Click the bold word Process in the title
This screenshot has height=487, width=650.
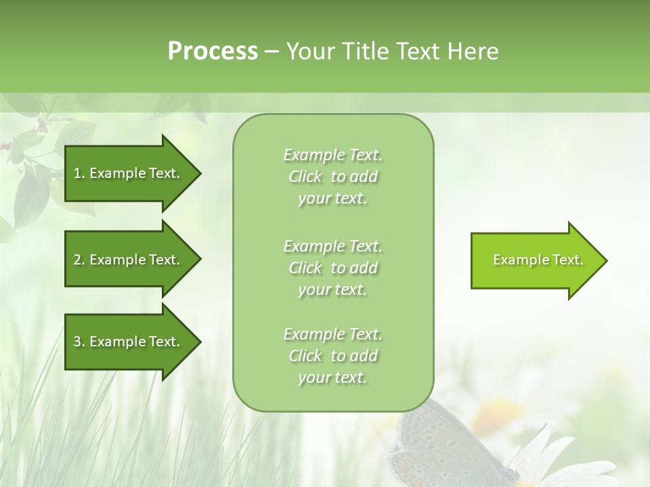point(213,51)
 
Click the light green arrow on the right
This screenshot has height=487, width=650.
point(535,260)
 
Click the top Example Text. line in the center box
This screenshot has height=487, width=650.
point(332,155)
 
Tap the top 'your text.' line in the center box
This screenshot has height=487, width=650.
point(332,199)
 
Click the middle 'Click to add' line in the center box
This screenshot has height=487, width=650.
point(332,268)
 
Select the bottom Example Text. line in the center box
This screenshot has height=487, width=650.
point(332,334)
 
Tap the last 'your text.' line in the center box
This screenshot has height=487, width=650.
point(332,377)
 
